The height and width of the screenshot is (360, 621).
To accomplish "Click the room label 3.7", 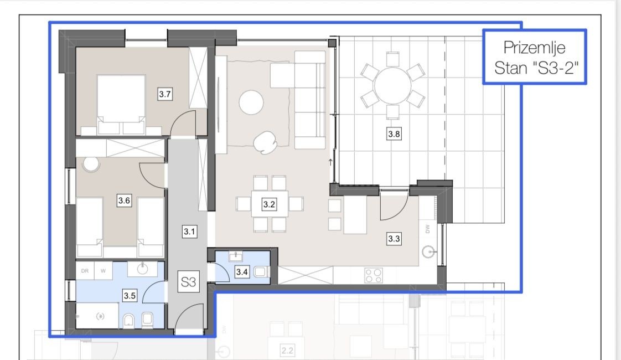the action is [165, 94].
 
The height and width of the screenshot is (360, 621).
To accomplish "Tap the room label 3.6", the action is [124, 200].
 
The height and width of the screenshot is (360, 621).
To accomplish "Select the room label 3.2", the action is [269, 204].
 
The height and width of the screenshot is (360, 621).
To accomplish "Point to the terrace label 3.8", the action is [394, 134].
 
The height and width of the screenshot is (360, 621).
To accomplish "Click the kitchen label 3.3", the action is [394, 239].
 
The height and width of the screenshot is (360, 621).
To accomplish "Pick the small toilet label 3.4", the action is [241, 272].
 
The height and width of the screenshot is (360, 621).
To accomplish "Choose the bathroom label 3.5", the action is [130, 296].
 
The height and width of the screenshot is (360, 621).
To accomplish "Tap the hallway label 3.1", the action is [189, 232].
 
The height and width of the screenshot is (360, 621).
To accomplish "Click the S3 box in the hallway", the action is [189, 281].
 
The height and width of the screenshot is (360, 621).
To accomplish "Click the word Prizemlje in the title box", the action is [534, 48].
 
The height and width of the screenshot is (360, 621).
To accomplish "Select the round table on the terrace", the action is [393, 86].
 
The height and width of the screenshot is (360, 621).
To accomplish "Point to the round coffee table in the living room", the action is [251, 102].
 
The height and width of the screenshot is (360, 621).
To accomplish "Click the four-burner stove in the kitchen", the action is [373, 276].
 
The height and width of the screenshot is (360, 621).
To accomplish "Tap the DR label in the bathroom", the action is [85, 271].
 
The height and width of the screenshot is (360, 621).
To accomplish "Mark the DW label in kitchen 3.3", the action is [428, 229].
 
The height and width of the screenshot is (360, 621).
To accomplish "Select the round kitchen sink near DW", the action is [428, 252].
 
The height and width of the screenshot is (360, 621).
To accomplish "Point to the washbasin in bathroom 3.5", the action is [142, 269].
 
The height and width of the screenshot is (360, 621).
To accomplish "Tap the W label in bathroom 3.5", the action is [103, 271].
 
